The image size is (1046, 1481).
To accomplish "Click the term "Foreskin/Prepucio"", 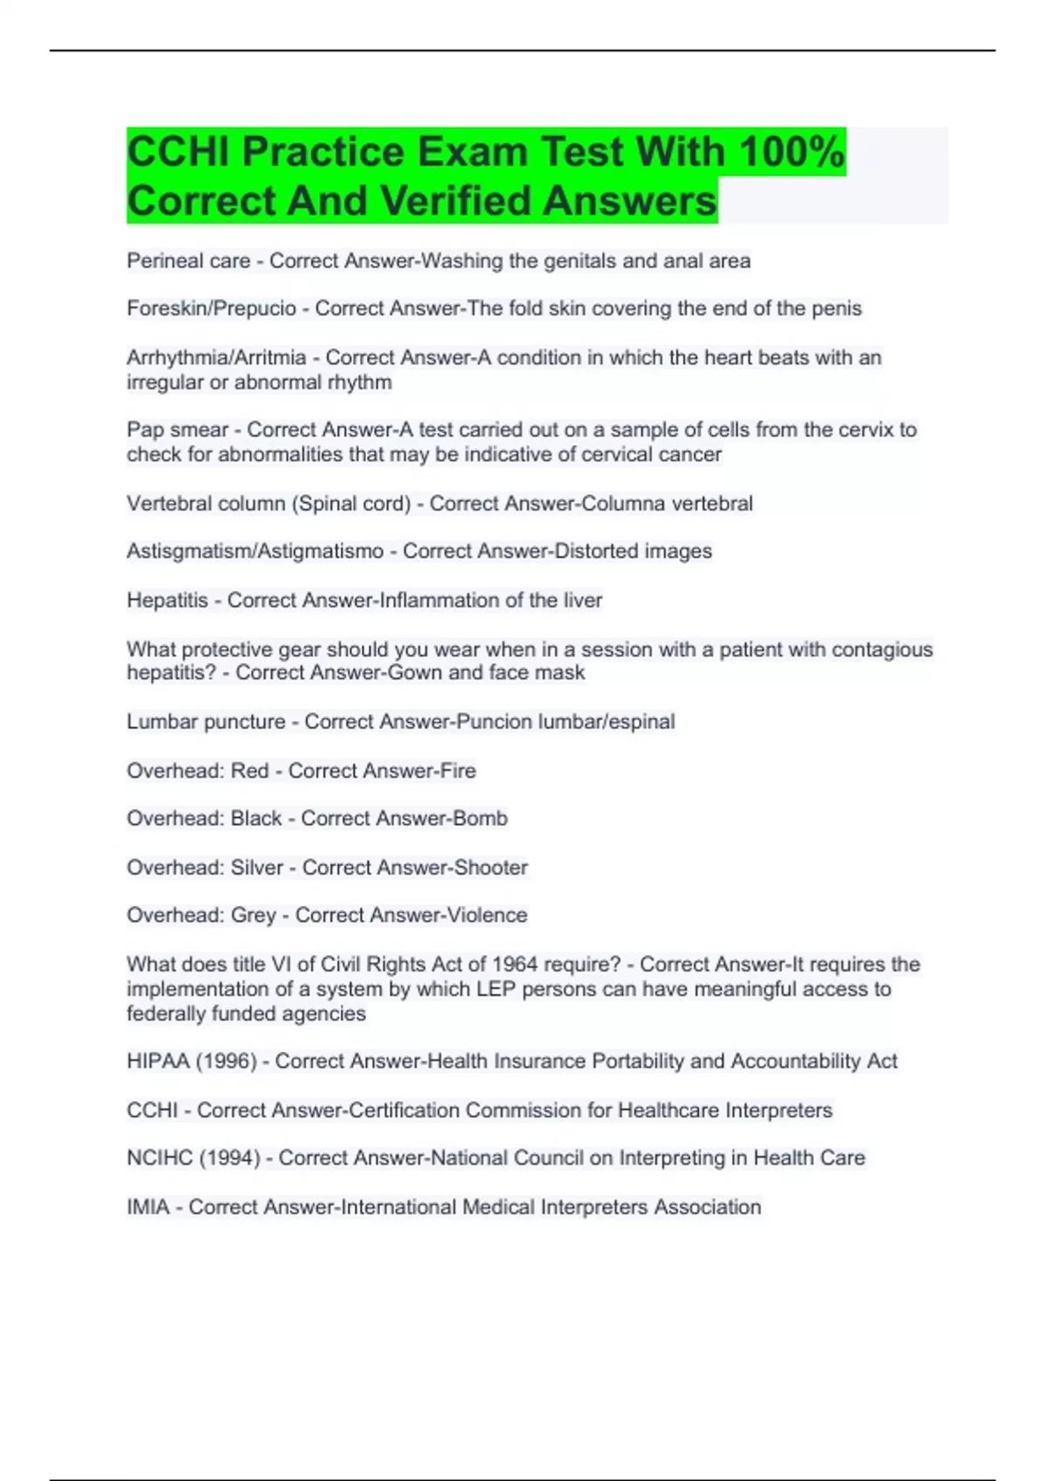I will [x=211, y=308].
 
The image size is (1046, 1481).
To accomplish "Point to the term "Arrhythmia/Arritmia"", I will [x=216, y=357].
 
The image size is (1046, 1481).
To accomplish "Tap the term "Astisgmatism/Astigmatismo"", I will [x=255, y=551].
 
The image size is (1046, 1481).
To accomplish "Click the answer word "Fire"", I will [x=458, y=771].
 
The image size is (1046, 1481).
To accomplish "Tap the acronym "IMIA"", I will [x=148, y=1207].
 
